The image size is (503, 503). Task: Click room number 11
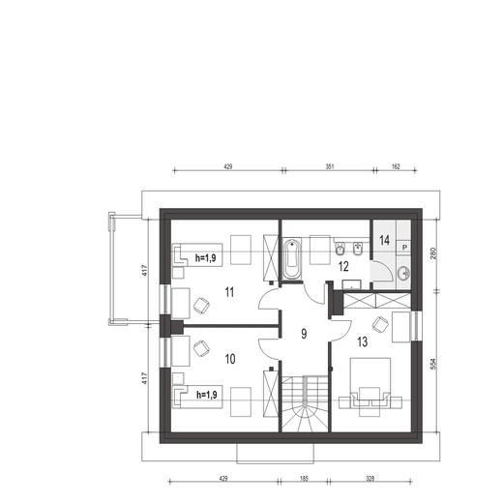(x=229, y=290)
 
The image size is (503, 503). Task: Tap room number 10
(x=229, y=359)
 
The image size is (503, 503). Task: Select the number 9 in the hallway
(x=303, y=334)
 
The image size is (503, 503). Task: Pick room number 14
(x=384, y=239)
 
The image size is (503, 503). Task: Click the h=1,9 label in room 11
(x=207, y=258)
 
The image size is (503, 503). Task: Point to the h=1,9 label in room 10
(x=207, y=395)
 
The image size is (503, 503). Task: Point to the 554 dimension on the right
(x=434, y=364)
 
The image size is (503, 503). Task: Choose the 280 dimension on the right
(x=434, y=252)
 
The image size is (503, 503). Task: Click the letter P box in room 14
(x=404, y=247)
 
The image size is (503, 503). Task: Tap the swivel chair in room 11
(x=201, y=306)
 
